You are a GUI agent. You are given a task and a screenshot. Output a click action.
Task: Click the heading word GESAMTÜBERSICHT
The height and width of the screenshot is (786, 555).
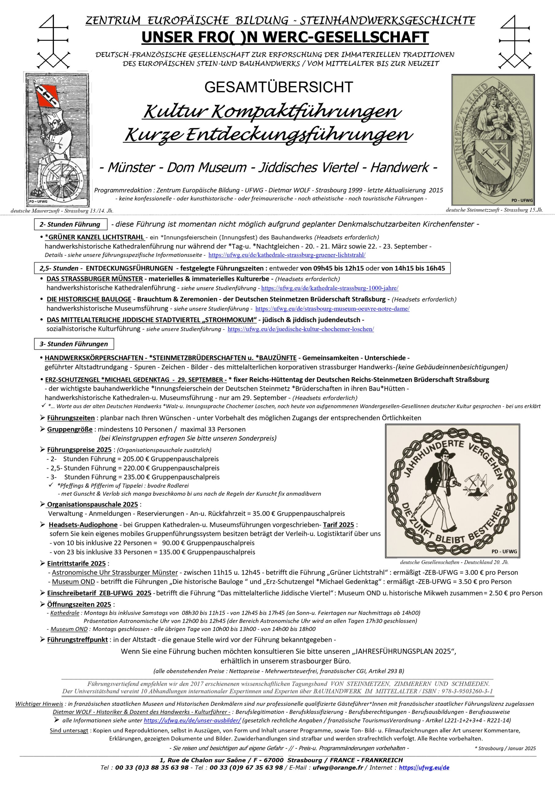[279, 87]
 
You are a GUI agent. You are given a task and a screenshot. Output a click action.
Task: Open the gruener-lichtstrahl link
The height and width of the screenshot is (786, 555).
[287, 255]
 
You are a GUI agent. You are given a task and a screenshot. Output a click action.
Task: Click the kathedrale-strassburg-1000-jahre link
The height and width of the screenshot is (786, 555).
[330, 288]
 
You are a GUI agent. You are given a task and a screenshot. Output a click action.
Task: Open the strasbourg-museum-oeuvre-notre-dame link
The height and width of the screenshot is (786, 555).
[332, 309]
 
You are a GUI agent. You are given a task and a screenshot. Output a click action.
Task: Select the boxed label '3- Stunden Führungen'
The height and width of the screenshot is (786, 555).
[74, 344]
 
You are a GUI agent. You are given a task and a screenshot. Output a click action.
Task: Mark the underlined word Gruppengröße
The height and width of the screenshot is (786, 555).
[70, 429]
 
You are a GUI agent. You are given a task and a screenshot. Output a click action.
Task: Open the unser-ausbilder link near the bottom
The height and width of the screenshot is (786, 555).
[192, 720]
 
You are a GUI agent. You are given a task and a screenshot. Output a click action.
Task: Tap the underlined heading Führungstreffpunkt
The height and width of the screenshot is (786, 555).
[77, 640]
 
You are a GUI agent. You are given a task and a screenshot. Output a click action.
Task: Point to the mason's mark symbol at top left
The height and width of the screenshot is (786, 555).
[53, 41]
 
